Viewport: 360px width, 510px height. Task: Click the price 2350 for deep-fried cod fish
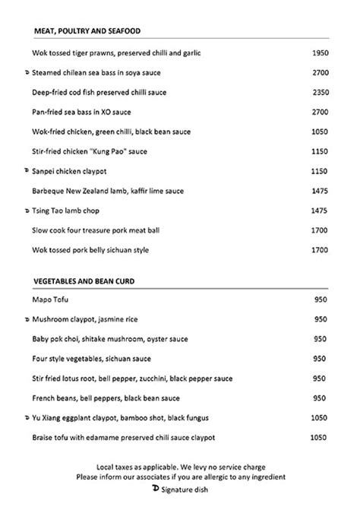[320, 92]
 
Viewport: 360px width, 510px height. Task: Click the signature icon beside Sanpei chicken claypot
[27, 171]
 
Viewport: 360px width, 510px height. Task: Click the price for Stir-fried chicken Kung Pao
[320, 151]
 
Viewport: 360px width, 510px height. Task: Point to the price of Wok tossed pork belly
[320, 250]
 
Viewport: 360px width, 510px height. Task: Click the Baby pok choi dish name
[110, 338]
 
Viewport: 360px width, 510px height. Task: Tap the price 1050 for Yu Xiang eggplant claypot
[320, 417]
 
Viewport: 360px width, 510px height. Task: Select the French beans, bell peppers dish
[105, 398]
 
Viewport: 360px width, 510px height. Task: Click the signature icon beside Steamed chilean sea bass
[27, 72]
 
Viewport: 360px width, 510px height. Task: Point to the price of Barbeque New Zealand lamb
[320, 191]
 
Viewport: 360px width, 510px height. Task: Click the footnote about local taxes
[181, 465]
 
